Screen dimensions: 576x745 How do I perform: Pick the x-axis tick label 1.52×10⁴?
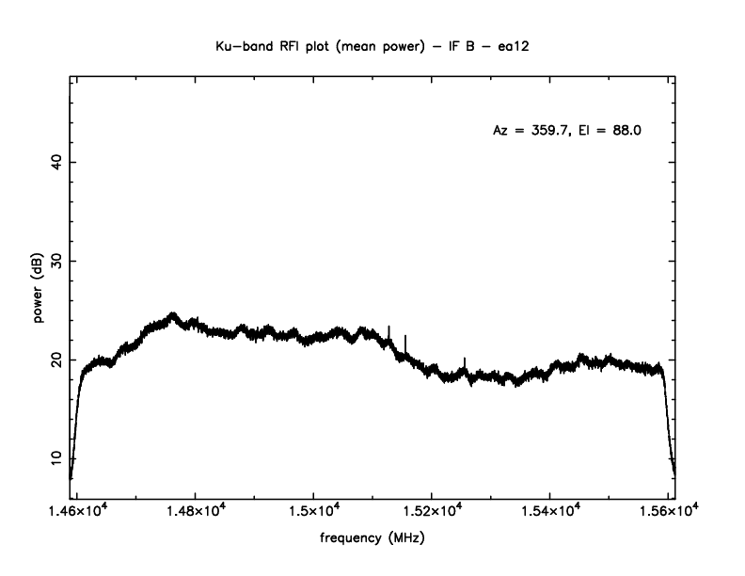click(431, 511)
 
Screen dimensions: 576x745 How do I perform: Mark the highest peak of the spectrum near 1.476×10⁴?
click(173, 313)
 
